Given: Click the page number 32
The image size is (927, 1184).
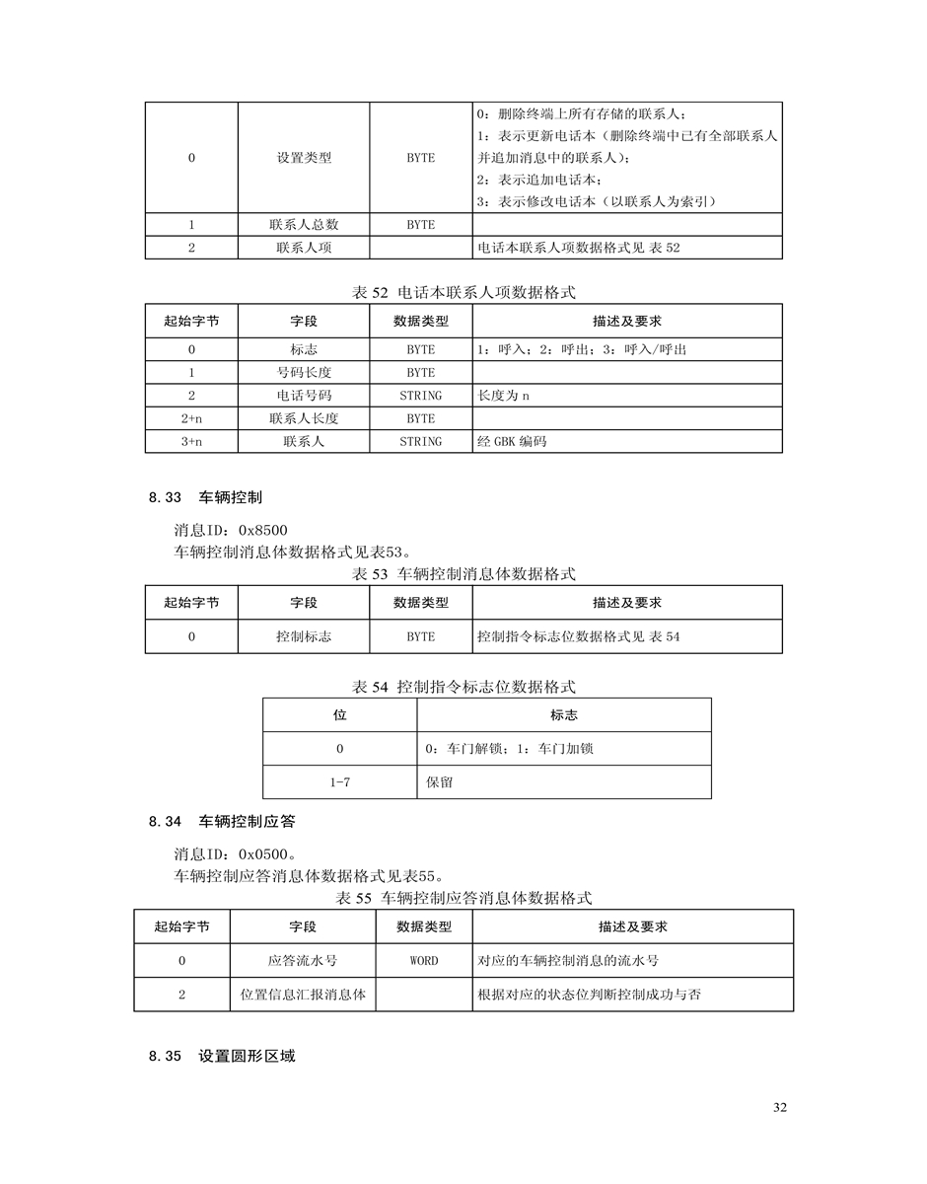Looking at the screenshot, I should (x=780, y=1108).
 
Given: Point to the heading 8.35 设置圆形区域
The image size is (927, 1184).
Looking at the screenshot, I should (x=222, y=1057).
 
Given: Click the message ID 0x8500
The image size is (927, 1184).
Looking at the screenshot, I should (x=231, y=531).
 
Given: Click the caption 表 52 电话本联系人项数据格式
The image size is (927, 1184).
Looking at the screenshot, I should (x=463, y=292).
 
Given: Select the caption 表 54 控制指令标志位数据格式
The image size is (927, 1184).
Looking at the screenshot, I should (x=463, y=687).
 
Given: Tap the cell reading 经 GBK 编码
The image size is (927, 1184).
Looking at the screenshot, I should (x=512, y=442).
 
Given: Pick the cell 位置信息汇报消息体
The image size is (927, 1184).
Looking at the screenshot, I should (x=303, y=995).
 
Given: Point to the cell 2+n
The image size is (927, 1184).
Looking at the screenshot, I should (x=191, y=418).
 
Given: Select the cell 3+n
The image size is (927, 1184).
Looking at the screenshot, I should (x=191, y=442).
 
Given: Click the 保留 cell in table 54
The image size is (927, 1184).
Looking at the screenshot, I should (x=440, y=782).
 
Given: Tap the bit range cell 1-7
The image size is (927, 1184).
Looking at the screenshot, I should (x=339, y=782).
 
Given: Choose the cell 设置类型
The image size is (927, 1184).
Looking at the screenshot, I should (x=304, y=158).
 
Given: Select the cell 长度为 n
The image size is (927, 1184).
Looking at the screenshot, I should (x=503, y=396).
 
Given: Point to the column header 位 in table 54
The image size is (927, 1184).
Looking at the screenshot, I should (x=339, y=715).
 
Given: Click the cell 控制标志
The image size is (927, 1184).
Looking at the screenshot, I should (x=304, y=637).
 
